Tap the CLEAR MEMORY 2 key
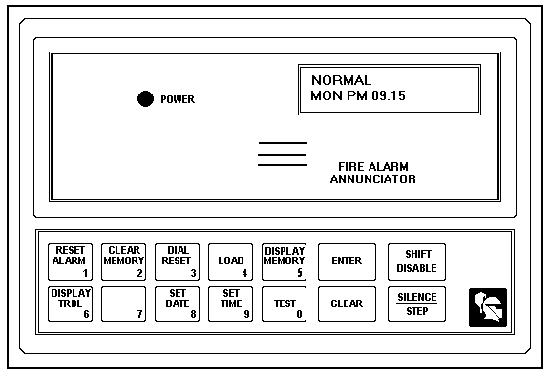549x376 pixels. point(124,261)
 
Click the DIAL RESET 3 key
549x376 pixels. point(178,261)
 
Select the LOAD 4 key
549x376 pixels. point(231,261)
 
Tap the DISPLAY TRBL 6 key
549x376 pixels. point(71,303)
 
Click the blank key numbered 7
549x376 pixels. point(124,303)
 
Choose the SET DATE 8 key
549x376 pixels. point(178,303)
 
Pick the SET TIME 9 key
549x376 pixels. point(231,303)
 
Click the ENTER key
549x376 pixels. point(346,261)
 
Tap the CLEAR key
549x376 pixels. point(346,303)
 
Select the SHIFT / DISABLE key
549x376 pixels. point(416,261)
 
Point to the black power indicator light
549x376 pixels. point(145,99)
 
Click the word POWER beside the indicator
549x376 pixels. point(178,99)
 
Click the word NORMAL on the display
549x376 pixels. point(341,80)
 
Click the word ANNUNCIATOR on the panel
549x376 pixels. point(372,178)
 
